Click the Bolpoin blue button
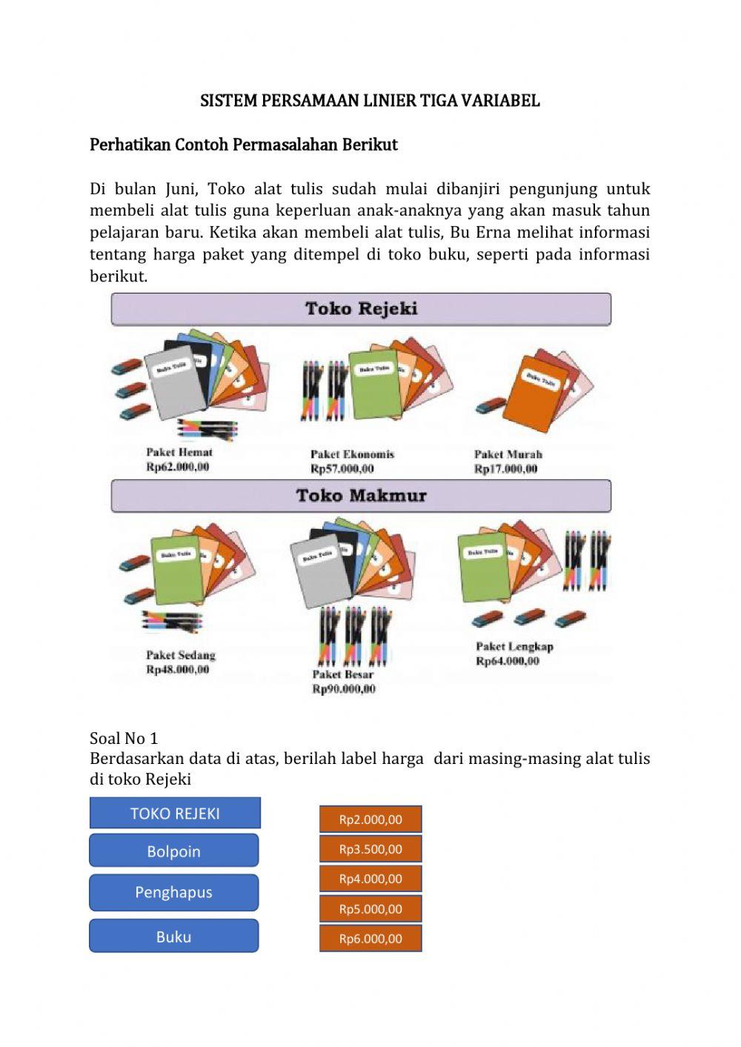174,851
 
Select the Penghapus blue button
174,892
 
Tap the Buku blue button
174,937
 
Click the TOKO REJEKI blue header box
175,813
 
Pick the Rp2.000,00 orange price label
370,820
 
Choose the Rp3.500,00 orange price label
370,849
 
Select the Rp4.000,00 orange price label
370,879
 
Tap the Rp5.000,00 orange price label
370,908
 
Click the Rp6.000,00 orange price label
370,938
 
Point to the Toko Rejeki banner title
361,309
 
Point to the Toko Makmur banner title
361,496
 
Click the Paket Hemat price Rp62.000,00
178,467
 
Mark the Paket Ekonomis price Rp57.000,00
342,469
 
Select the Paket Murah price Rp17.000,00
506,469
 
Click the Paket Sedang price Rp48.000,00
178,670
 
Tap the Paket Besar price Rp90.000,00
344,689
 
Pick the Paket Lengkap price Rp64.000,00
508,661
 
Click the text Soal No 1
124,738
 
